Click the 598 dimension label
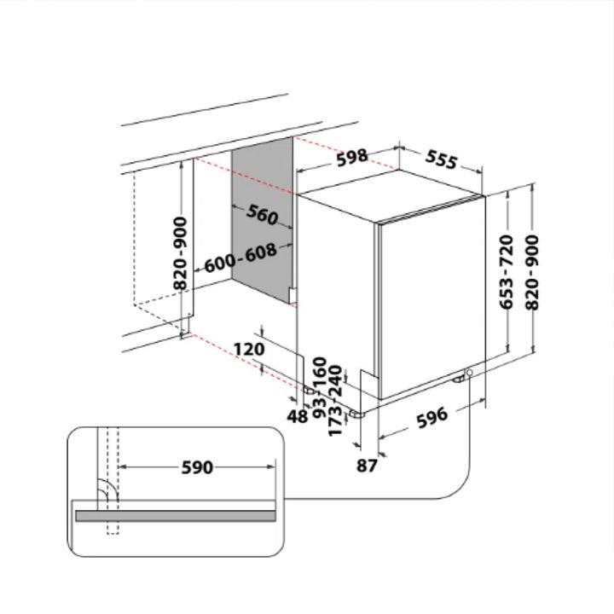[352, 158]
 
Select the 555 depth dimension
[442, 159]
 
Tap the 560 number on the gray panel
[263, 215]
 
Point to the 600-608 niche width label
[240, 258]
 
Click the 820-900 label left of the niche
[180, 253]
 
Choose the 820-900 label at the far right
[531, 272]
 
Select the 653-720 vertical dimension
[507, 272]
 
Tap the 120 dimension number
[249, 349]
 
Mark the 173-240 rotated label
[335, 401]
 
